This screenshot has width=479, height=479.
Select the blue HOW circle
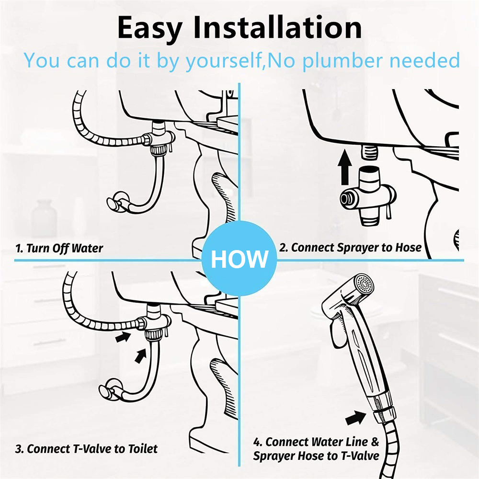(x=239, y=259)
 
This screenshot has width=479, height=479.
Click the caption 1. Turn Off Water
(x=59, y=248)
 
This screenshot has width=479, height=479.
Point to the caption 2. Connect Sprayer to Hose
(x=350, y=248)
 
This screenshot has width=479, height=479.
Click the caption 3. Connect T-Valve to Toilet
(x=86, y=449)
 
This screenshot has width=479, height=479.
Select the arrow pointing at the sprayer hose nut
(x=355, y=418)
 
